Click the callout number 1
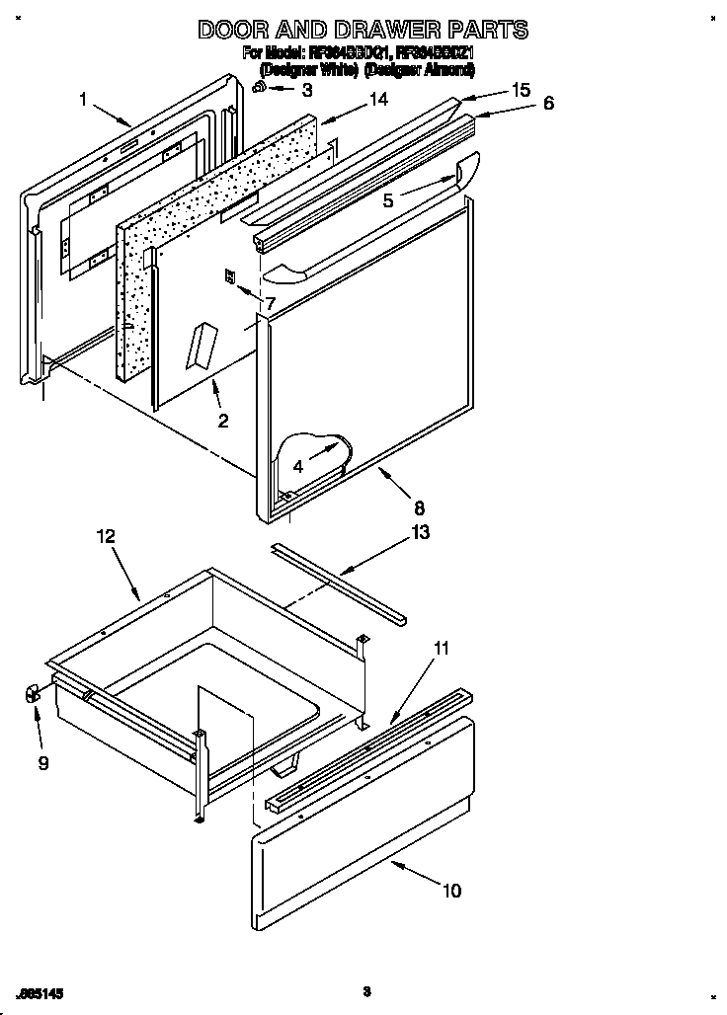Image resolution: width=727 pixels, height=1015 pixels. pyautogui.click(x=84, y=99)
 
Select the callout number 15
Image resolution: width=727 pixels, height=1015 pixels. pyautogui.click(x=522, y=90)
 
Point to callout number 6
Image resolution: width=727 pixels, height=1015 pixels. pyautogui.click(x=548, y=103)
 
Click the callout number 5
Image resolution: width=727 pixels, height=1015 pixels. pyautogui.click(x=388, y=200)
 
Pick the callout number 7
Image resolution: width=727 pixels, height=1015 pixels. pyautogui.click(x=269, y=304)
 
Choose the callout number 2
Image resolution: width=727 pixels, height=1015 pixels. pyautogui.click(x=222, y=421)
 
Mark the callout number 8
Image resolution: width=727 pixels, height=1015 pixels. pyautogui.click(x=419, y=508)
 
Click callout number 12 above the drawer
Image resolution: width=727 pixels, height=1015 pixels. pyautogui.click(x=106, y=536)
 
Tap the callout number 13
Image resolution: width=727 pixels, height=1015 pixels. pyautogui.click(x=420, y=532)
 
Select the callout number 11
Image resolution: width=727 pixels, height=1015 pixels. pyautogui.click(x=441, y=649)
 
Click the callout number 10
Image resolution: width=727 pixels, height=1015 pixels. pyautogui.click(x=450, y=891)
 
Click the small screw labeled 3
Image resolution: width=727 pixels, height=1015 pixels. pyautogui.click(x=259, y=88)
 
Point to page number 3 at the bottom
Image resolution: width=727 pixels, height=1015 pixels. pyautogui.click(x=365, y=991)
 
